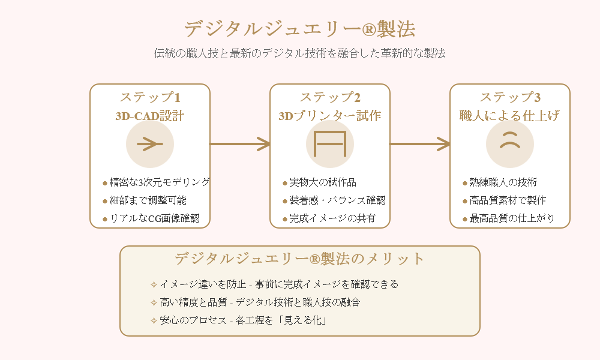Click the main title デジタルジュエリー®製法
[300, 29]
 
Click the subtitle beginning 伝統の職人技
[300, 53]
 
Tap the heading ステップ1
[150, 97]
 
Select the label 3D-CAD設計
[150, 116]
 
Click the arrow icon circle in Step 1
[150, 144]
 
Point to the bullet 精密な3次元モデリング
[156, 182]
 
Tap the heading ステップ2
[330, 97]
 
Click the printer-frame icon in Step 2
[330, 144]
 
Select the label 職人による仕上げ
[510, 116]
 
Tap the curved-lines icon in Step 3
[510, 144]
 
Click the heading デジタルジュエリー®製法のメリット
[300, 259]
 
